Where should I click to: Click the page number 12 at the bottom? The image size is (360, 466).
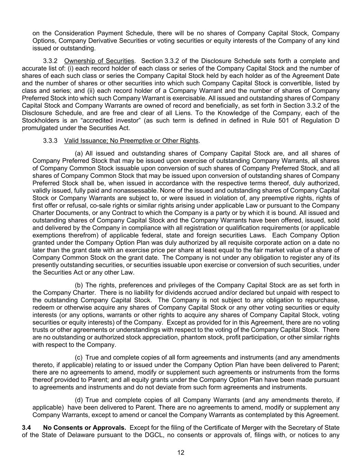tap(181, 453)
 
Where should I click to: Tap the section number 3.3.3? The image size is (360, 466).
tap(50, 141)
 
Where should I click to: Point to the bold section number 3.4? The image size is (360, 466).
tap(27, 428)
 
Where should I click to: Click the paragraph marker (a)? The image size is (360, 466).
tap(79, 153)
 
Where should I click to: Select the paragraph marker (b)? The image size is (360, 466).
tap(79, 285)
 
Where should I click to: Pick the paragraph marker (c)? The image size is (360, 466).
tap(79, 357)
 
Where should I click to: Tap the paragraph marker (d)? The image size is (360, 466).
tap(79, 400)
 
